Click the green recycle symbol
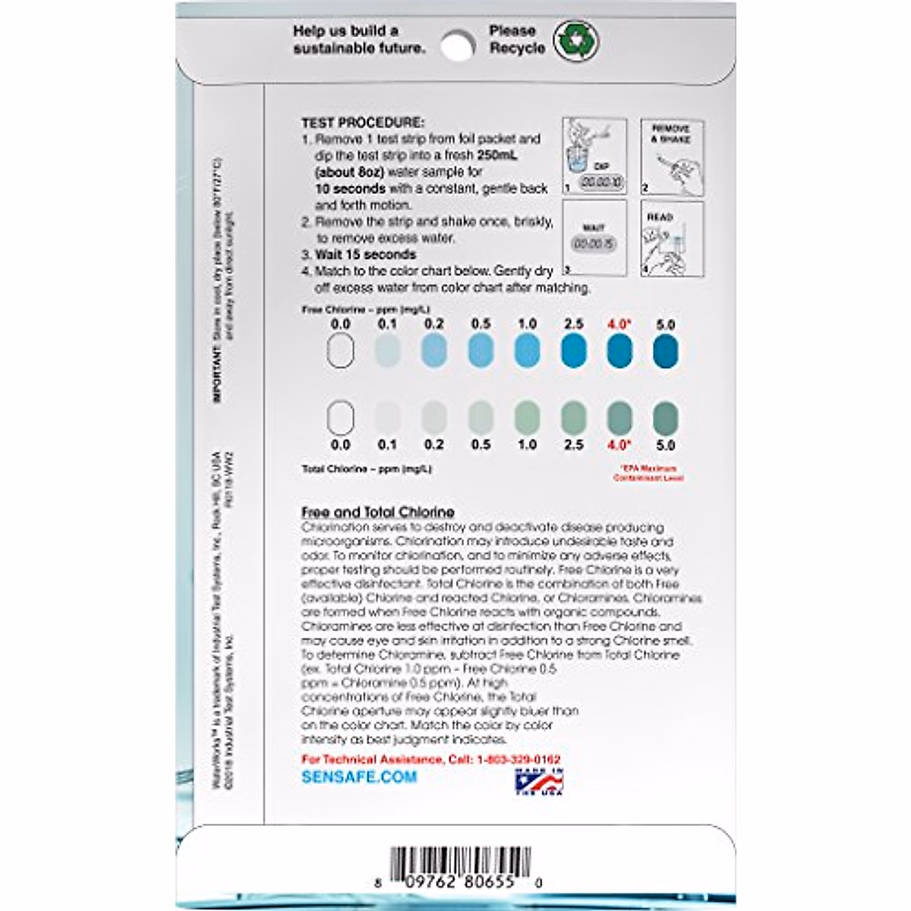pyautogui.click(x=575, y=39)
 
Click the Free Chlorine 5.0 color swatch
pyautogui.click(x=665, y=351)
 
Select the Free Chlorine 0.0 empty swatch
pyautogui.click(x=340, y=351)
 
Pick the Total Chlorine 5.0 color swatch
pyautogui.click(x=665, y=418)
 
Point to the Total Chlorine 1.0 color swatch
pyautogui.click(x=526, y=418)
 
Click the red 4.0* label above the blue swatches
pyautogui.click(x=619, y=324)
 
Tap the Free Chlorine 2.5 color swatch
pyautogui.click(x=573, y=351)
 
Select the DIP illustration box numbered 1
pyautogui.click(x=594, y=156)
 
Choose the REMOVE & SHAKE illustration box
pyautogui.click(x=671, y=156)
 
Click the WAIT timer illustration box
pyautogui.click(x=594, y=237)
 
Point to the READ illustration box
pyautogui.click(x=671, y=237)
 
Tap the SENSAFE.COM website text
pyautogui.click(x=359, y=777)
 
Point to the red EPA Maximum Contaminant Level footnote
pyautogui.click(x=647, y=473)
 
